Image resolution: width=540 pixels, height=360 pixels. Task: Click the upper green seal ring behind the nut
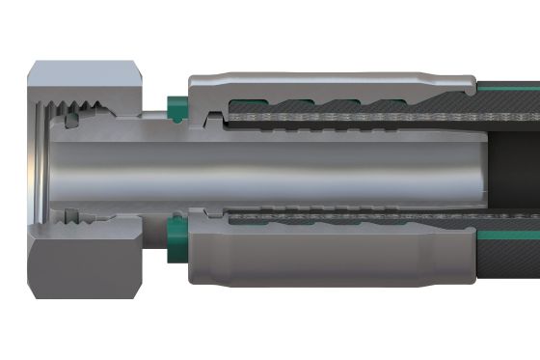pos(176,106)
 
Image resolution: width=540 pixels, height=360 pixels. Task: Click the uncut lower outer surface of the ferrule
pos(328,261)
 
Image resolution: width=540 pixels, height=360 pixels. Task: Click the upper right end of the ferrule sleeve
pos(467,87)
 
